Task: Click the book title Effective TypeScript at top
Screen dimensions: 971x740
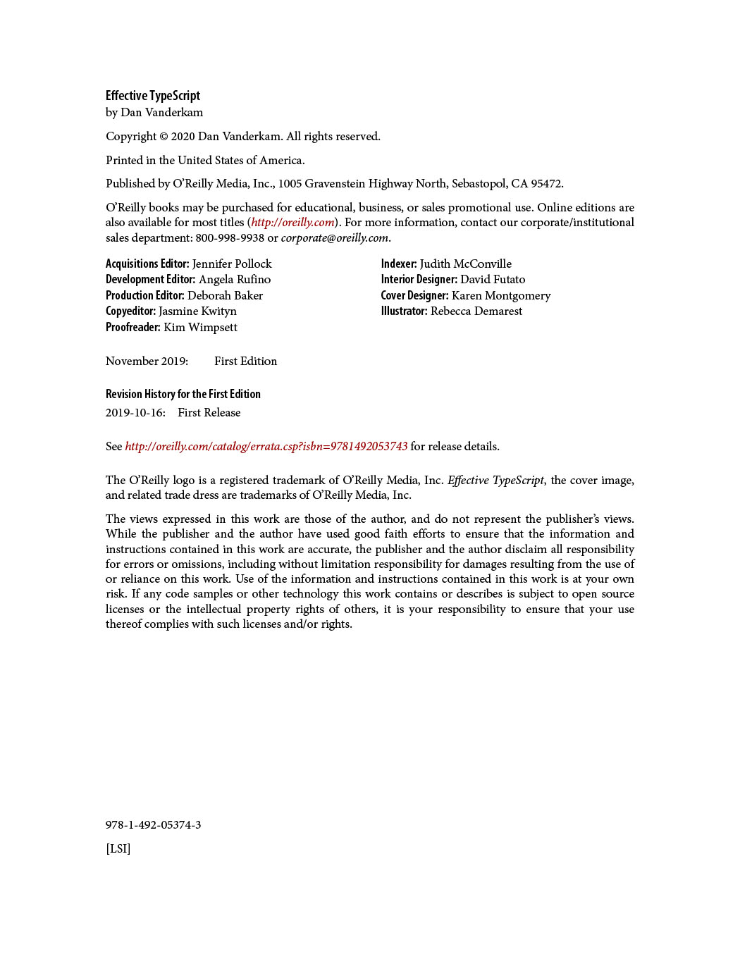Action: coord(153,96)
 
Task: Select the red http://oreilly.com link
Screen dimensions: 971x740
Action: coord(292,223)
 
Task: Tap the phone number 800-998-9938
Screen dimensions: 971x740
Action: coord(230,238)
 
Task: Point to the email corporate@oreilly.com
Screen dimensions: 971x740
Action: coord(335,238)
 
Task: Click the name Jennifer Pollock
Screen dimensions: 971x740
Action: coord(232,264)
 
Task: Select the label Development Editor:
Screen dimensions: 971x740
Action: coord(150,280)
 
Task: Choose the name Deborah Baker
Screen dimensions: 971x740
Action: coord(225,296)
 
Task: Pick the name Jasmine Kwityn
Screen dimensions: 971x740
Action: coord(197,311)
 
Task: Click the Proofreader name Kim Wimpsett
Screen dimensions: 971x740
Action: coord(200,328)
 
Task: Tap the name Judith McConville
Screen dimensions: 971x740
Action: coord(466,264)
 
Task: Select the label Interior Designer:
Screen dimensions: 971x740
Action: coord(419,280)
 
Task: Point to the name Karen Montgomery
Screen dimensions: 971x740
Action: coord(501,296)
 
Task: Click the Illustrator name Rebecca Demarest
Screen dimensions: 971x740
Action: coord(476,311)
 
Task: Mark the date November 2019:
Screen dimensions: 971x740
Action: coord(147,361)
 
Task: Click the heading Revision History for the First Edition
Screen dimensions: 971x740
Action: coord(183,395)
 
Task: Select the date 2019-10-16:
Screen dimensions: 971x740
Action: coord(135,413)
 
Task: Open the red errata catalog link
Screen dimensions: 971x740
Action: coord(266,447)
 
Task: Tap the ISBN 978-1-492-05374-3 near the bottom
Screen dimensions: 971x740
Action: coord(153,825)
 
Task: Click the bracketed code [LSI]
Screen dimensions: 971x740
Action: coord(118,849)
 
